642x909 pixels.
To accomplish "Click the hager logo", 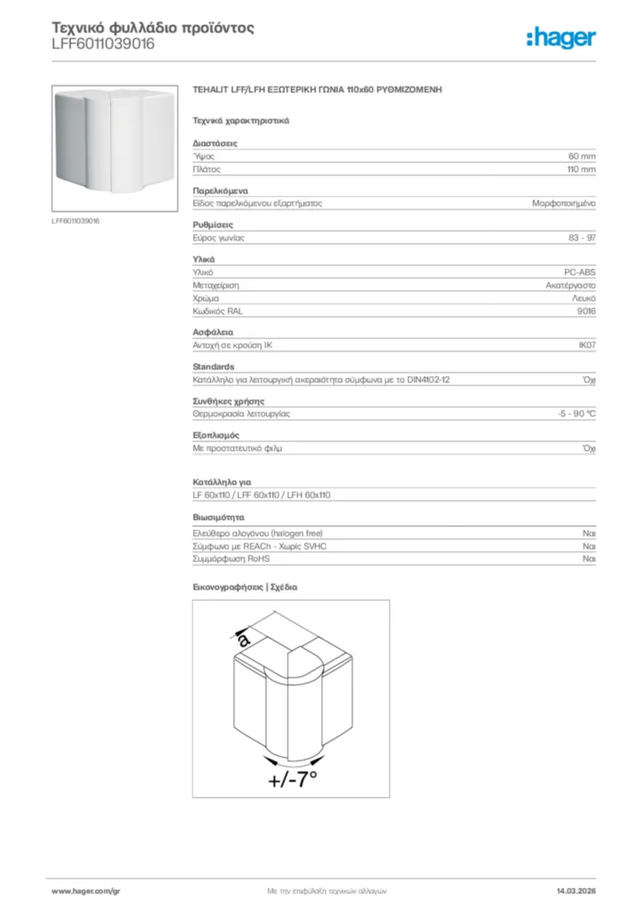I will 560,37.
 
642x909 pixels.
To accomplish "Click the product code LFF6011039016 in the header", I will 103,43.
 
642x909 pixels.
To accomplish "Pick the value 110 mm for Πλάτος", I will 581,169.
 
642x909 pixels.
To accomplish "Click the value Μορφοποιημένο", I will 563,203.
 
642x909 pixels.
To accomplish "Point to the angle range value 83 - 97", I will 582,238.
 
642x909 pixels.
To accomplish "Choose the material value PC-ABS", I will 581,273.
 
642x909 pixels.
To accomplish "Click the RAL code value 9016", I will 586,312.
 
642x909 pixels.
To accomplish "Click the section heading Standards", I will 213,367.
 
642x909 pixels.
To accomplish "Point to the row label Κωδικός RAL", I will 217,312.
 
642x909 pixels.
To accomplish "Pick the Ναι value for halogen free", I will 589,534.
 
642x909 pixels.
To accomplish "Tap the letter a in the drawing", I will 244,637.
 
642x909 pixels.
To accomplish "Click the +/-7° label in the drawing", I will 292,779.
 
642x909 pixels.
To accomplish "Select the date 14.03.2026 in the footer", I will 575,890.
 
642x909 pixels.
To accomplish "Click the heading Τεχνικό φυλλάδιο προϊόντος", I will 153,28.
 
